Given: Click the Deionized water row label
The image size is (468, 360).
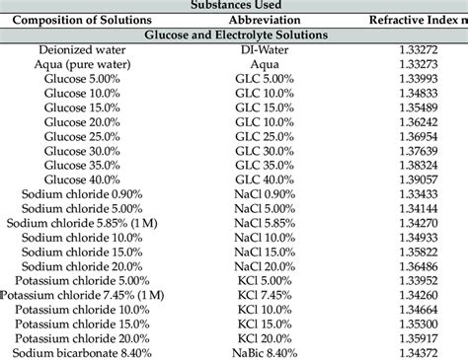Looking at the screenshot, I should (84, 48).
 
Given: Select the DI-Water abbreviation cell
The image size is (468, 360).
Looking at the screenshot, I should (264, 48).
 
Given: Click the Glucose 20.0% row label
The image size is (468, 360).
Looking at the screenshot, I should (84, 122).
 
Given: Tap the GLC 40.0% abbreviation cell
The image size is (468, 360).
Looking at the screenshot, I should (264, 180).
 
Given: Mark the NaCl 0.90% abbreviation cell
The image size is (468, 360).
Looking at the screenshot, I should (264, 194).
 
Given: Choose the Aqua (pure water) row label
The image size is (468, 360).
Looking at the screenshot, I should (84, 64).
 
